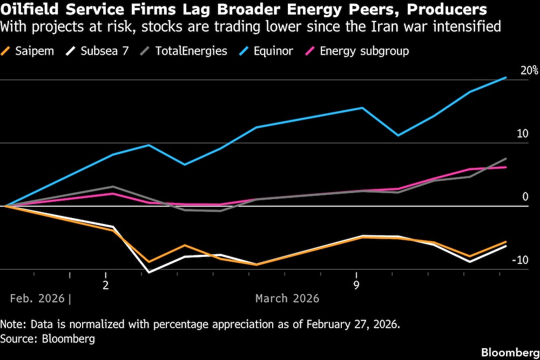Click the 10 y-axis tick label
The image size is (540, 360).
pyautogui.click(x=522, y=133)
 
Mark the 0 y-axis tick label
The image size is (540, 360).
pyautogui.click(x=525, y=196)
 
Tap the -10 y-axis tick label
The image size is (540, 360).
pyautogui.click(x=520, y=260)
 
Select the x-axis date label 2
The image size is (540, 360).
pyautogui.click(x=106, y=284)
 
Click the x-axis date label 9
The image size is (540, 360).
pyautogui.click(x=356, y=284)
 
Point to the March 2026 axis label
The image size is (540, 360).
pyautogui.click(x=287, y=298)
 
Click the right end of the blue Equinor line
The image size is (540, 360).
pyautogui.click(x=506, y=78)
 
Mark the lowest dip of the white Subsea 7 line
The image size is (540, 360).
pyautogui.click(x=149, y=272)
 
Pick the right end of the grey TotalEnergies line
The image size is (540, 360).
pyautogui.click(x=506, y=159)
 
